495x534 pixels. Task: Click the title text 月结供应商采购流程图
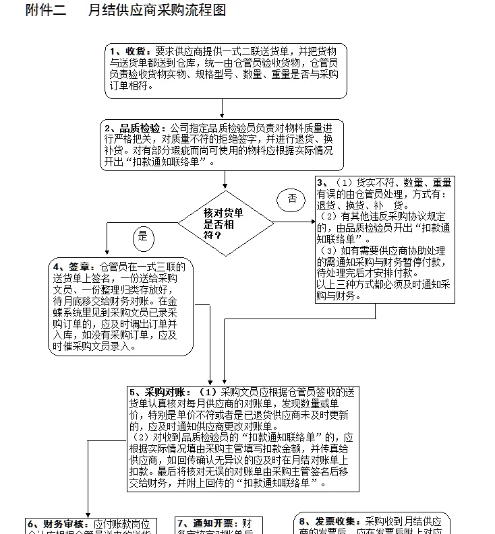coord(157,10)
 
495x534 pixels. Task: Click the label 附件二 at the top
coord(46,10)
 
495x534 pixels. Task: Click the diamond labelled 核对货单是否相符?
coord(225,223)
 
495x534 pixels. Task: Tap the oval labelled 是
coord(142,236)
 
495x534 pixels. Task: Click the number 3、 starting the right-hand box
coord(323,183)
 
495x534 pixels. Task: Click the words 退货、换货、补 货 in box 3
coord(360,205)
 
